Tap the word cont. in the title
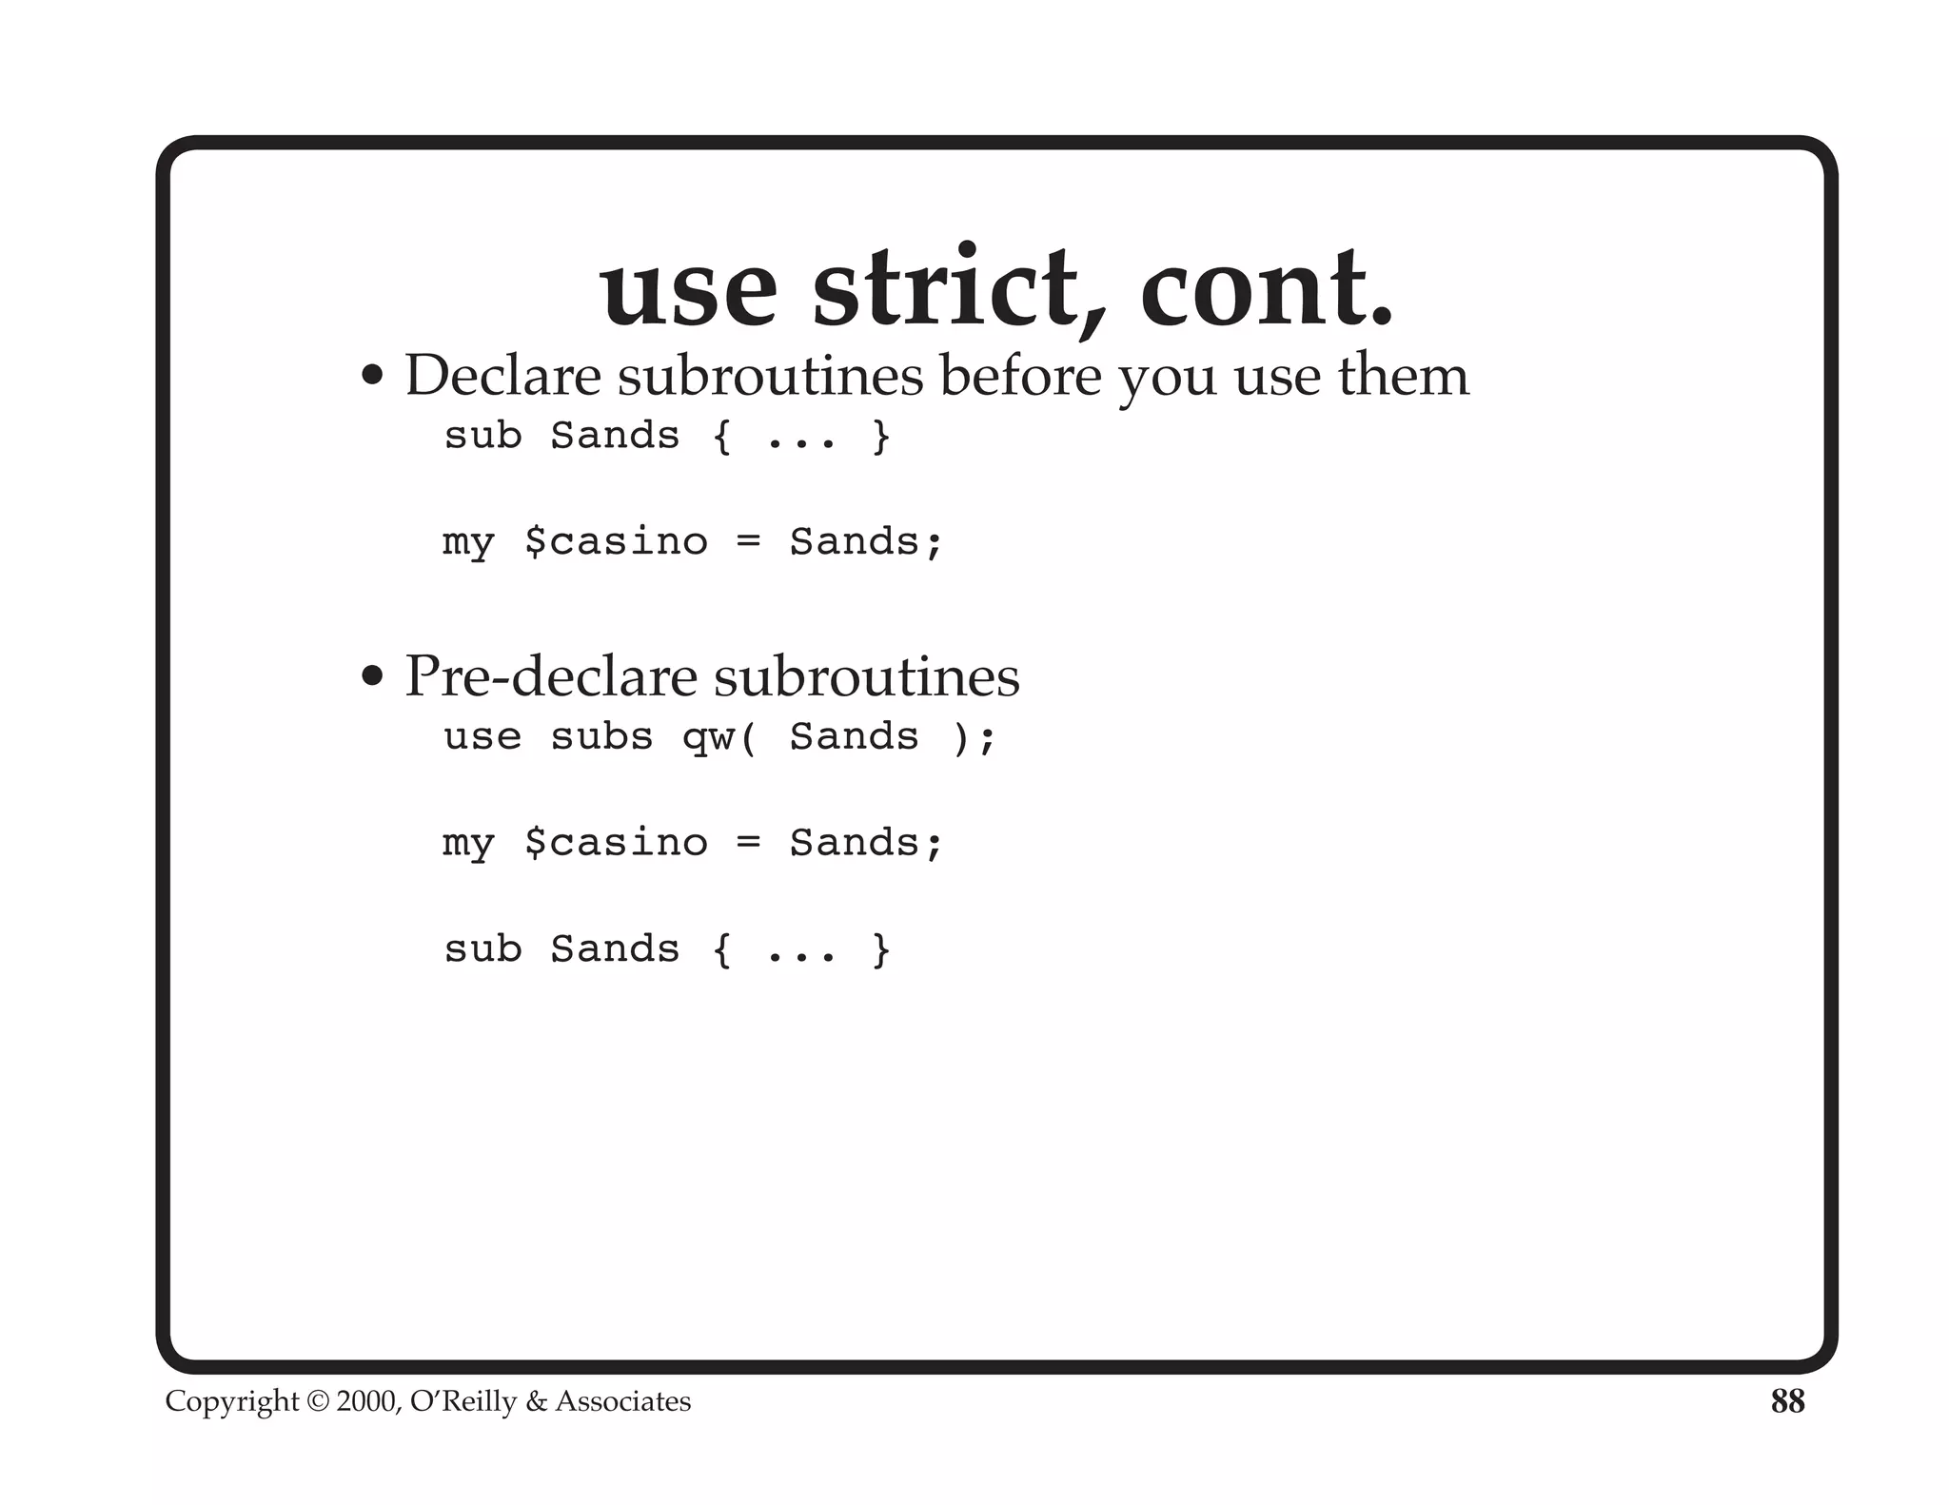click(1266, 287)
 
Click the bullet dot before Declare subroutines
click(373, 376)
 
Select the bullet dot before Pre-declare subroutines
click(373, 677)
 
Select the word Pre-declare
click(551, 676)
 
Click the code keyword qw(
click(719, 737)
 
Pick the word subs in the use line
click(601, 737)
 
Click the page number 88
click(1787, 1401)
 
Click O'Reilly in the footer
click(463, 1401)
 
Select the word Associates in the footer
click(622, 1401)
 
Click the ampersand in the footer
click(537, 1401)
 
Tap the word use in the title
click(687, 287)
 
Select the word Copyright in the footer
click(231, 1401)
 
